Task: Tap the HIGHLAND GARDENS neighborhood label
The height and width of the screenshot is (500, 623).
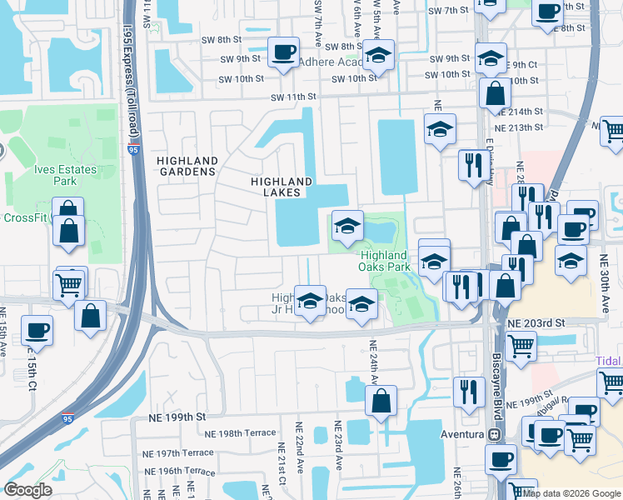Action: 187,166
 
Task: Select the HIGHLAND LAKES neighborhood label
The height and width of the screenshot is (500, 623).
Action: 282,187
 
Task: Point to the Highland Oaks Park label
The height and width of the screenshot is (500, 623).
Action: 385,261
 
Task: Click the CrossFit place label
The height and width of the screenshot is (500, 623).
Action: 23,218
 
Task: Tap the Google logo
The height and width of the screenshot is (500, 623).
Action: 27,489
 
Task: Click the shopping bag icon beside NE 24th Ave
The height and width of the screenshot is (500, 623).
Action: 381,401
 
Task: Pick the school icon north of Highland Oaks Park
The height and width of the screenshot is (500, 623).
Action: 347,224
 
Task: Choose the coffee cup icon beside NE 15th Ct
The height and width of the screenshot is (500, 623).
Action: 37,330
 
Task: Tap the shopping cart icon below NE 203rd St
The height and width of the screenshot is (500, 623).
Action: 521,343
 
